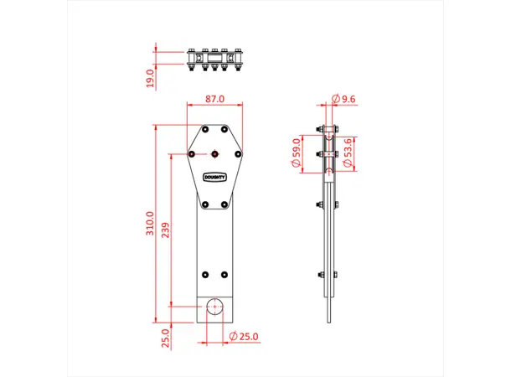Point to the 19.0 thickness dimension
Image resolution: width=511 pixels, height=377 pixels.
coord(150,78)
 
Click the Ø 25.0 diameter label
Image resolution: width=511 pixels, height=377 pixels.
coord(244,336)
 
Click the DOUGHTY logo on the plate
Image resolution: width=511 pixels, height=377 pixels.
coord(214,177)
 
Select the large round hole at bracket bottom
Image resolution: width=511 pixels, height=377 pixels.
coord(214,307)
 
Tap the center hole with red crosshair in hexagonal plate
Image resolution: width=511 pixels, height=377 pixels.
coord(214,154)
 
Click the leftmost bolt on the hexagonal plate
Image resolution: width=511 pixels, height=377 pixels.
coord(192,154)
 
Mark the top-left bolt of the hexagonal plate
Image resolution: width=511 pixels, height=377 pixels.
coord(205,130)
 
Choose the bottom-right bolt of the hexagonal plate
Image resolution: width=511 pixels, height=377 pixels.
coord(224,204)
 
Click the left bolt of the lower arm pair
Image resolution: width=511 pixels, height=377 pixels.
coord(205,274)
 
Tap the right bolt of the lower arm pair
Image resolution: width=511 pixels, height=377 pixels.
coord(224,274)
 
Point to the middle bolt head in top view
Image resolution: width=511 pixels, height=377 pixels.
coord(214,59)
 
